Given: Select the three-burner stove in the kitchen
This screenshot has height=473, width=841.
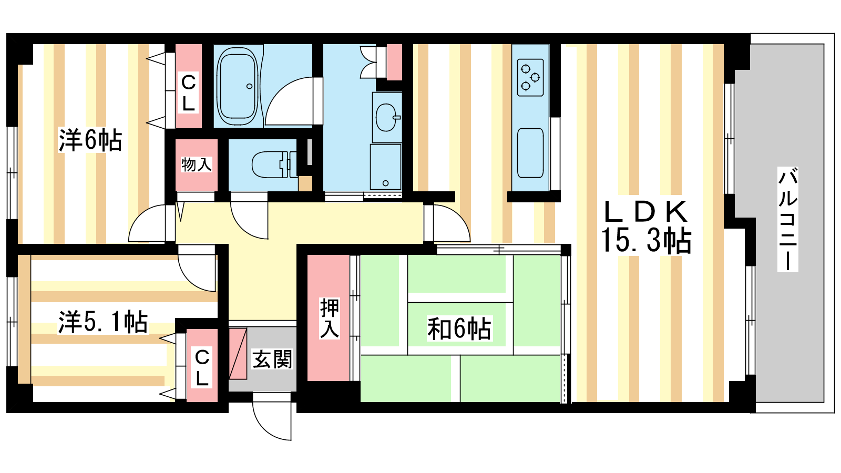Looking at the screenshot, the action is [530, 77].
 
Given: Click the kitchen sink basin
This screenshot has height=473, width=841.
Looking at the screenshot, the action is [530, 153].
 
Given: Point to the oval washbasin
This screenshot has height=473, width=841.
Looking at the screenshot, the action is [387, 118].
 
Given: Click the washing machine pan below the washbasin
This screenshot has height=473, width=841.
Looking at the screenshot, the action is [385, 167].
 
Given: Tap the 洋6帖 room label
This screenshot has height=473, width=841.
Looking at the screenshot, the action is [90, 140].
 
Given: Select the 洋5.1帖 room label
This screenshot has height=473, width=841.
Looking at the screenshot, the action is [103, 322].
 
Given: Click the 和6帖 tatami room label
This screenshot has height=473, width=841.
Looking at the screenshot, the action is [459, 328].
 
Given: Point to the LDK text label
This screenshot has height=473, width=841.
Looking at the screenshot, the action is [646, 212].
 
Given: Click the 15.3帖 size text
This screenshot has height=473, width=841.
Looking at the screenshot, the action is [646, 241].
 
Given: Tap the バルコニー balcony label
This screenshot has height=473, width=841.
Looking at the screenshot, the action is [787, 219].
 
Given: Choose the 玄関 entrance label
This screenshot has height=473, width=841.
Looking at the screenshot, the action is [272, 359].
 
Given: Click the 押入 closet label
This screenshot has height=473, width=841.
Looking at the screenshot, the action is [329, 318].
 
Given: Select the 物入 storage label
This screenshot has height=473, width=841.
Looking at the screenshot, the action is [196, 164].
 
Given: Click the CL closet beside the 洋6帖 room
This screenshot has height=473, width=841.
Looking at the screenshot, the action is [189, 86].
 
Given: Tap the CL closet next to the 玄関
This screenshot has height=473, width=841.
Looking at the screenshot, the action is [202, 365].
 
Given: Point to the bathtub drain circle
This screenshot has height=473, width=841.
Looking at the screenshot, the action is [249, 86].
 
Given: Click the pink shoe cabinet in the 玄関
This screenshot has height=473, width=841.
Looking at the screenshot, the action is [238, 353].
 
